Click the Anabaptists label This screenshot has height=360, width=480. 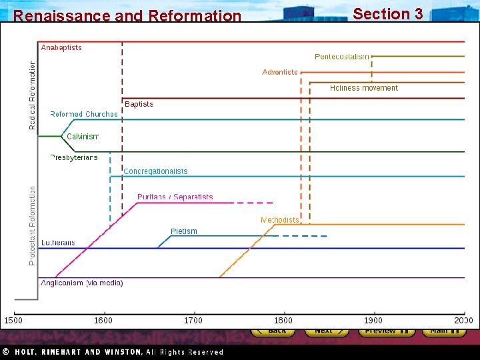point(61,47)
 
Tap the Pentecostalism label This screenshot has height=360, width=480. point(341,57)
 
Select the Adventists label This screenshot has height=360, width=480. point(280,72)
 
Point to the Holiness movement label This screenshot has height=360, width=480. point(363,88)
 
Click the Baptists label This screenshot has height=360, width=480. point(139,104)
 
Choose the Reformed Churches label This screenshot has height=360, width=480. point(84,114)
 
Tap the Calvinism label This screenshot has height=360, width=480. point(83,137)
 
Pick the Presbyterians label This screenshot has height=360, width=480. point(74,157)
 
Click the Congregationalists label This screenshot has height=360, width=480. point(155,171)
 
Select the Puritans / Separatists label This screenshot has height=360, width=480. point(175,197)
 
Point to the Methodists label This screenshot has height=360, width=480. point(279,220)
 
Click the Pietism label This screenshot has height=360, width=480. point(184,231)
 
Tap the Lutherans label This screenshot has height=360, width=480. point(58,243)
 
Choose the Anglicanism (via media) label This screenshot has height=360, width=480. point(82,283)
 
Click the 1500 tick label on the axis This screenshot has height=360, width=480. point(14,321)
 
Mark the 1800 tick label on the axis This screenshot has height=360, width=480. point(283,321)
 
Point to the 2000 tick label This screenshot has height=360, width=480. point(463,321)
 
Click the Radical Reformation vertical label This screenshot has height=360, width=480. point(33,95)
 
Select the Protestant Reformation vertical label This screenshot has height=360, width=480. point(33,225)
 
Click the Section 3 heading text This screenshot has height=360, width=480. point(387,13)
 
